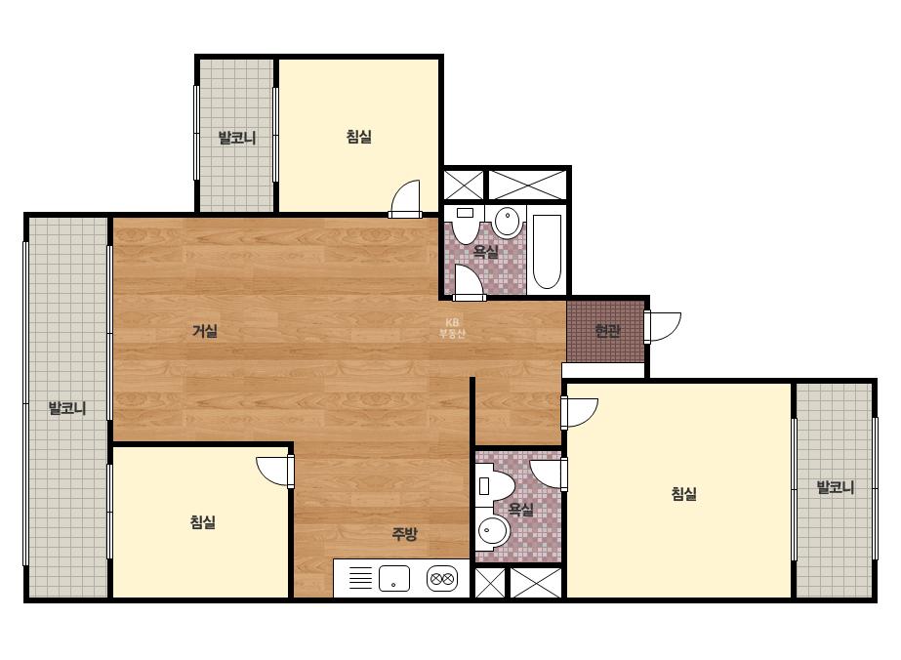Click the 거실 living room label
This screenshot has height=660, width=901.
point(205,331)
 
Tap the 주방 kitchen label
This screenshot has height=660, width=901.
point(404,534)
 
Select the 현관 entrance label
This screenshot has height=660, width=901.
point(607,331)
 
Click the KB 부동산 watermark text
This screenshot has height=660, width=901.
point(452,328)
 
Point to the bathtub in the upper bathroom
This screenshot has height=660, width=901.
point(547,252)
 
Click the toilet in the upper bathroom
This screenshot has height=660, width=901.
point(464,225)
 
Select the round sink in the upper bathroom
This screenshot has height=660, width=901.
point(508,222)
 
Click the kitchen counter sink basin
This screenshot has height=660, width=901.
point(394,578)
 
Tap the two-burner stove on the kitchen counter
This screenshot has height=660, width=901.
point(442,578)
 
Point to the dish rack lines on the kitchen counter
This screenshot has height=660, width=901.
point(361,578)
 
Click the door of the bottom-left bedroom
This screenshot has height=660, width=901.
point(275,472)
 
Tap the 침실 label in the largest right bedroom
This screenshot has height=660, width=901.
point(683,494)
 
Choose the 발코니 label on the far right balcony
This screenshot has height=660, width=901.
point(835,488)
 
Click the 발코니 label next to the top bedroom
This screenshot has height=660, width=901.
point(237,138)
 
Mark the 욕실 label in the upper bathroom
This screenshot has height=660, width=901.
point(485,251)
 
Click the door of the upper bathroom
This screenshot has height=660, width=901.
point(469,283)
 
